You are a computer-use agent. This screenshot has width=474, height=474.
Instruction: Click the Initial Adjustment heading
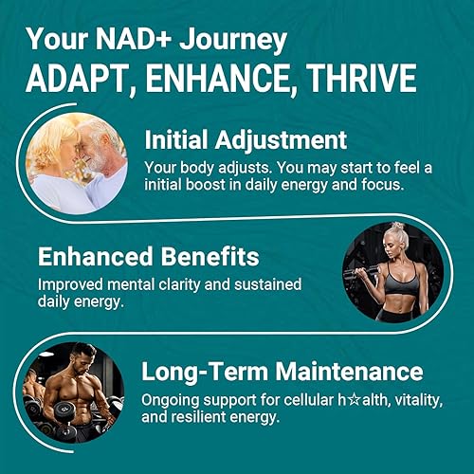246,140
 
